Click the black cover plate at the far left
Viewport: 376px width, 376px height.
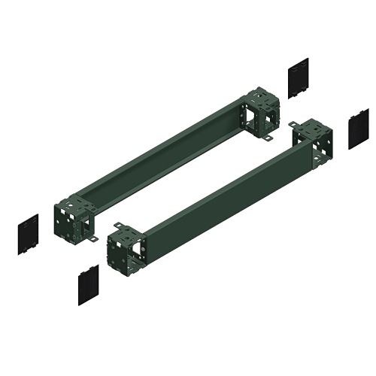(28, 234)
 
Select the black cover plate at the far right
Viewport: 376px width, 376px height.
(359, 129)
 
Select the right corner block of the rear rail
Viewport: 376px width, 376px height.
(261, 112)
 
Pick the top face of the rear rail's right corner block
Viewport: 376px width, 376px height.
(260, 96)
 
